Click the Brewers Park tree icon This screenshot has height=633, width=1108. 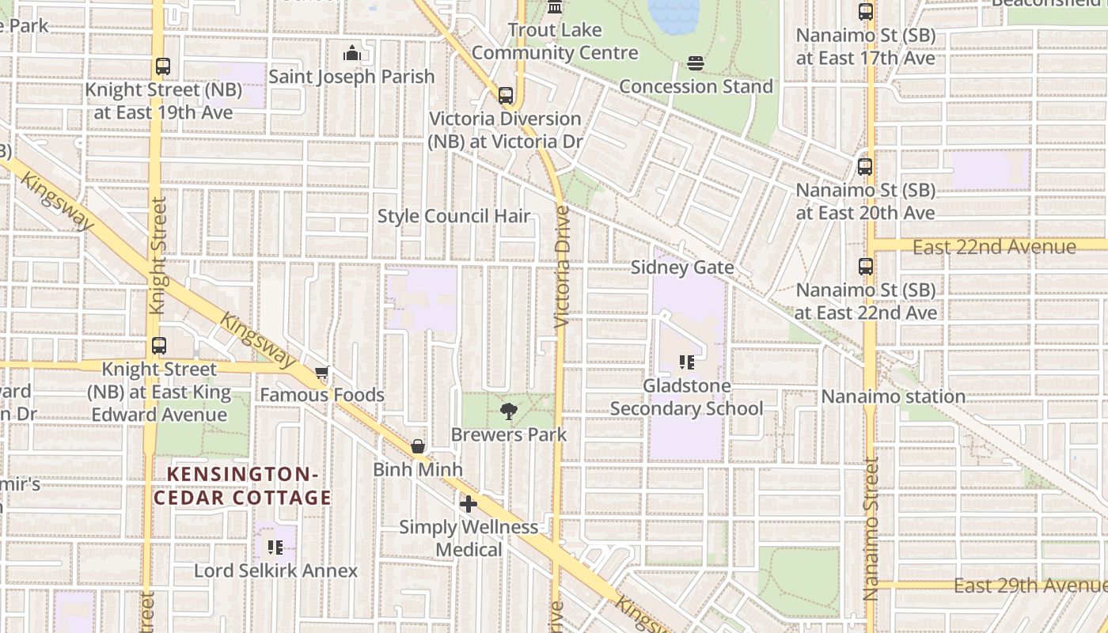click(x=508, y=411)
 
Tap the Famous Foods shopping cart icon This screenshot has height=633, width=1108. click(x=321, y=372)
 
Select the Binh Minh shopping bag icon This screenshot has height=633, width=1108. click(x=418, y=446)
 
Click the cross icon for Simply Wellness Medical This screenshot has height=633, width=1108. click(x=469, y=503)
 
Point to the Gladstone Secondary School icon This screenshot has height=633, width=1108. click(x=686, y=362)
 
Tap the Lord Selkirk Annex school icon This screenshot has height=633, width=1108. click(x=275, y=547)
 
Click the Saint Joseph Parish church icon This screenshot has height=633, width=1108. click(x=351, y=54)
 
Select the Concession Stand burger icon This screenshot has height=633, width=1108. click(x=696, y=63)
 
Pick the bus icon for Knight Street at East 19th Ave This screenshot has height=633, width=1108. click(x=163, y=66)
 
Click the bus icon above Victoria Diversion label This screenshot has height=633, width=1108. click(x=506, y=96)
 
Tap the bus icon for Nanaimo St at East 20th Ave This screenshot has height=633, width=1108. click(x=865, y=167)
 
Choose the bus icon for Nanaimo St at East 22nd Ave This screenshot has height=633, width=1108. click(x=865, y=267)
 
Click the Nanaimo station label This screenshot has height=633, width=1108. click(x=893, y=396)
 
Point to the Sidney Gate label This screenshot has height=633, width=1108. click(x=682, y=267)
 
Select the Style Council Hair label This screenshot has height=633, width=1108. click(x=453, y=216)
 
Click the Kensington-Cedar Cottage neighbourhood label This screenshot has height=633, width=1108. click(x=242, y=486)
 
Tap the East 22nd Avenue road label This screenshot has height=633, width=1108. click(x=994, y=247)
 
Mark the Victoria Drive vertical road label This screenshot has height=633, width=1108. click(x=562, y=267)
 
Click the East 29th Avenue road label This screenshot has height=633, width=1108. click(x=1029, y=586)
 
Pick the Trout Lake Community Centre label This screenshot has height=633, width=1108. click(x=555, y=41)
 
